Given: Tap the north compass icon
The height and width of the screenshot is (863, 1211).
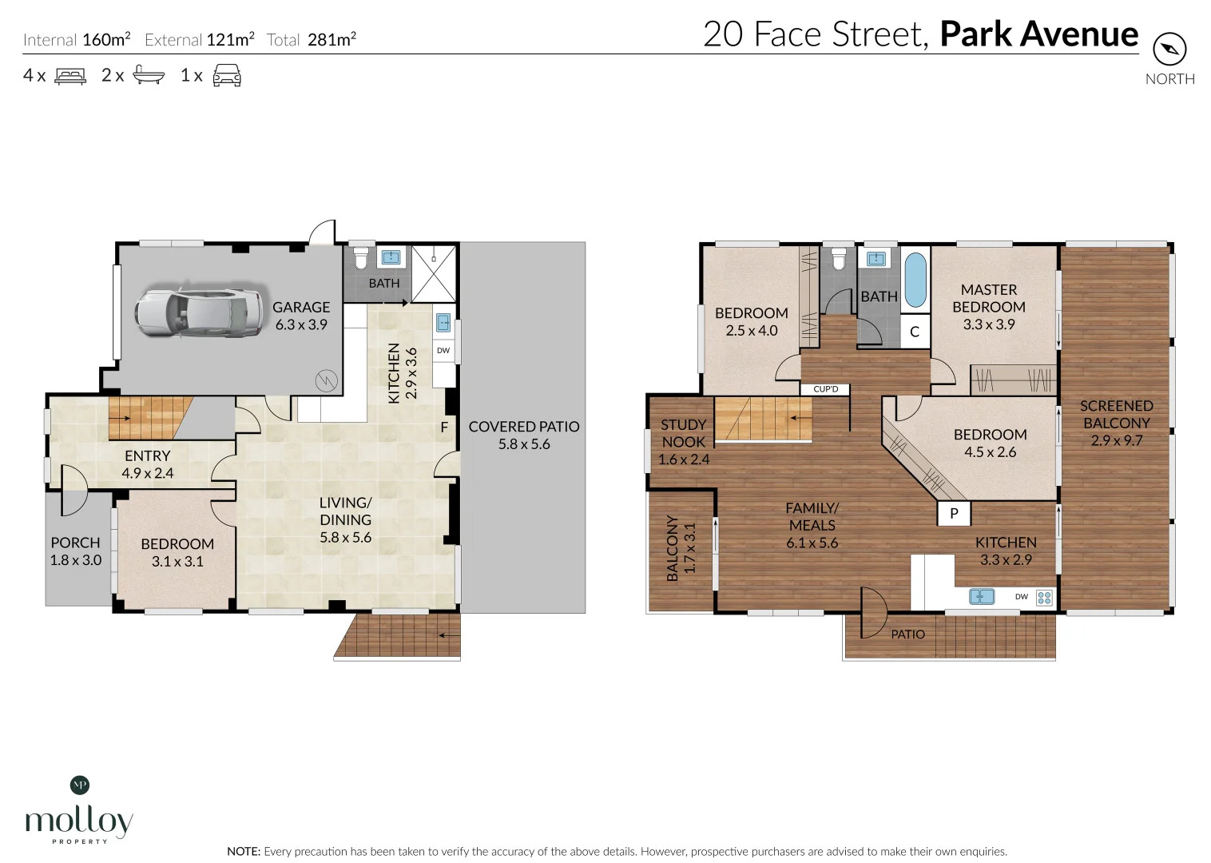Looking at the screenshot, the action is [x=1169, y=50].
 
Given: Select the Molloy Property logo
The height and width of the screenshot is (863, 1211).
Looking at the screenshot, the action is [x=79, y=810].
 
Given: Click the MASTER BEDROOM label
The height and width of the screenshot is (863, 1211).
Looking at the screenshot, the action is [x=989, y=298].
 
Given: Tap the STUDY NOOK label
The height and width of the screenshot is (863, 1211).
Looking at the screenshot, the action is [x=683, y=433].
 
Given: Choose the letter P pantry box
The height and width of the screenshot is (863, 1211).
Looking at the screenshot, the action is [x=954, y=513].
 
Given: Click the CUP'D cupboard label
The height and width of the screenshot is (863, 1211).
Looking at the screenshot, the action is [x=825, y=389].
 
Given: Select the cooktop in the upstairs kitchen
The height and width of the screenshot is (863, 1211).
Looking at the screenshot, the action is [x=1045, y=598].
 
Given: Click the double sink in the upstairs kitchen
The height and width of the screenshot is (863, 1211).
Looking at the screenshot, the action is [x=982, y=596].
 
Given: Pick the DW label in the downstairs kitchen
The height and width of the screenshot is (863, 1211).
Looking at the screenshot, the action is [x=443, y=350].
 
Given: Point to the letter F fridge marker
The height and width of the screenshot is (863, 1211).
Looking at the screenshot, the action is [x=444, y=428].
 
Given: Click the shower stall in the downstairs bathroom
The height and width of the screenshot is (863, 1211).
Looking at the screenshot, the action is [x=434, y=273].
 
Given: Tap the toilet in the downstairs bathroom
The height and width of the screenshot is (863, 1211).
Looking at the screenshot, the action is [x=360, y=257].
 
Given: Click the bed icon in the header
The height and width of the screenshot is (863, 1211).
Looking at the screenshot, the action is [x=70, y=76].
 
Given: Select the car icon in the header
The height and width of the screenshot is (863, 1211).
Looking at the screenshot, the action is [x=227, y=75].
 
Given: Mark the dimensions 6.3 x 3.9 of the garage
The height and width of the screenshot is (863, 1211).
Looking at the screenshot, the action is [x=301, y=324].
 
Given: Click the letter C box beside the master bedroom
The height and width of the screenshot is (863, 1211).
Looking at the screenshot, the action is [x=915, y=332].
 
